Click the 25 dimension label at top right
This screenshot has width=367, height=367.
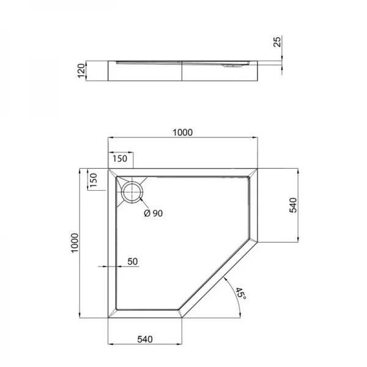[x=276, y=42]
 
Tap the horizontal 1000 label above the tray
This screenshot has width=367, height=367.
[x=183, y=132]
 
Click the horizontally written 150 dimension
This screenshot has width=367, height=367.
[x=120, y=159]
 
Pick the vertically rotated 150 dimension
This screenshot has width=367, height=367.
[x=94, y=181]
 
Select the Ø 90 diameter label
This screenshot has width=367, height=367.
[x=153, y=213]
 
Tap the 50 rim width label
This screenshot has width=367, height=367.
[x=132, y=261]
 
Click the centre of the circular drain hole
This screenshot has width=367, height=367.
[x=131, y=191]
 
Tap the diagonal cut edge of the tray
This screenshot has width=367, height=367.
[x=221, y=278]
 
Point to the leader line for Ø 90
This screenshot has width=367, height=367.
[x=143, y=204]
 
